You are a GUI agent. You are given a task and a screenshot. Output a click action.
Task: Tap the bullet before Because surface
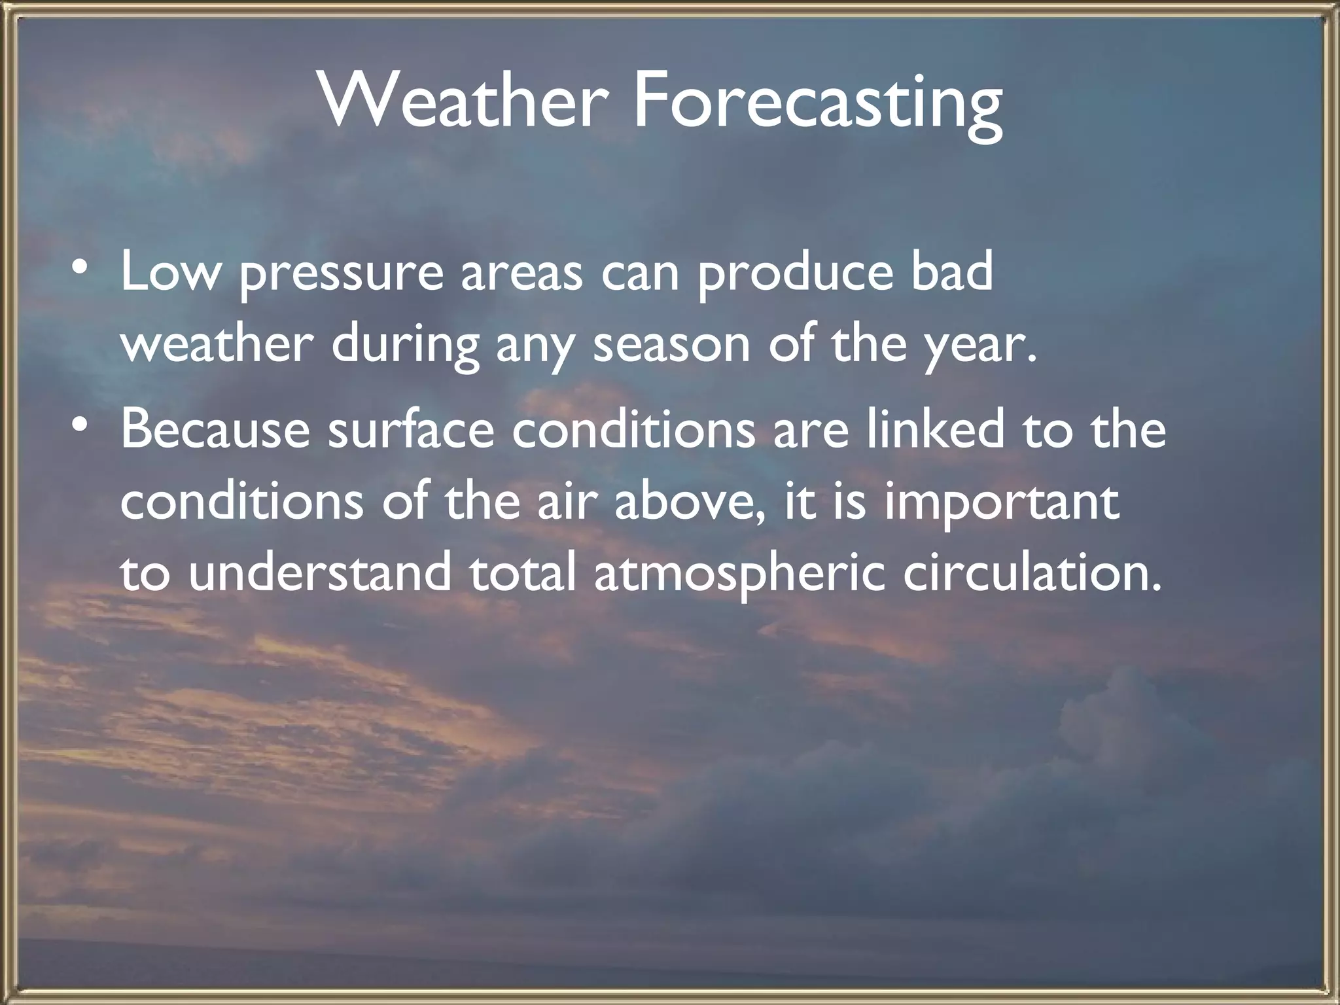click(79, 426)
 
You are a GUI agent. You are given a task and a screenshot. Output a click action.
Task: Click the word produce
click(793, 275)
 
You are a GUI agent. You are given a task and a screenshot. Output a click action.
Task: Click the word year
click(976, 348)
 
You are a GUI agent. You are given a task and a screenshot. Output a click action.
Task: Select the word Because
click(215, 430)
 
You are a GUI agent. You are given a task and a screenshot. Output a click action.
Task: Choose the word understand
click(320, 573)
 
